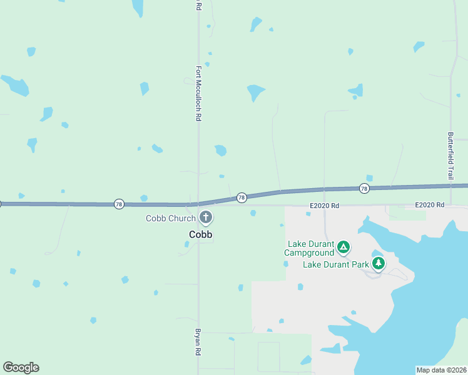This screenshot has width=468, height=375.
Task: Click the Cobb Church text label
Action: tap(170, 218)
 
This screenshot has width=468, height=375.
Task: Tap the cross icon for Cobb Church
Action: tap(205, 217)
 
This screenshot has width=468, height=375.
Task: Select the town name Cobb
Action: tap(201, 234)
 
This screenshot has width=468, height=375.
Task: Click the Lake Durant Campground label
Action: tap(310, 248)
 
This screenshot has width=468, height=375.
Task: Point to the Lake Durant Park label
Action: tap(336, 264)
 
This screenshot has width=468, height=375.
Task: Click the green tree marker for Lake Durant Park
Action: tap(378, 264)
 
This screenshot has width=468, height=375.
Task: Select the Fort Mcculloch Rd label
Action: tap(198, 94)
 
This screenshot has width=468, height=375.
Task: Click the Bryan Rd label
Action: tap(198, 342)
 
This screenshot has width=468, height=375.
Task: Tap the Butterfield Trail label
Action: tap(450, 156)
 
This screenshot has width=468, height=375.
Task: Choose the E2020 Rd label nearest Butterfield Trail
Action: tap(429, 205)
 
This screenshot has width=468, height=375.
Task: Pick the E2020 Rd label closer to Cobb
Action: tap(324, 205)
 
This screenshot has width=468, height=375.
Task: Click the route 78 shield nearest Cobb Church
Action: tap(242, 197)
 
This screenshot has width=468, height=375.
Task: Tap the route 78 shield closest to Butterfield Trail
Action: tap(364, 188)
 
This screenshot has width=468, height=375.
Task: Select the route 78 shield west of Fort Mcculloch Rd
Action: tap(119, 204)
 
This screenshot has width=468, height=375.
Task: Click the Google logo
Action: tap(21, 367)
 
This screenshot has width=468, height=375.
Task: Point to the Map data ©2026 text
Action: tap(441, 369)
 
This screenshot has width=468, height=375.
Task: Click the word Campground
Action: tap(309, 253)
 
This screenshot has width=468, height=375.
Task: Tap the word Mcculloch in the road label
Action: tap(198, 97)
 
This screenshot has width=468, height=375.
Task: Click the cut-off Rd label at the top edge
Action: tap(198, 5)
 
